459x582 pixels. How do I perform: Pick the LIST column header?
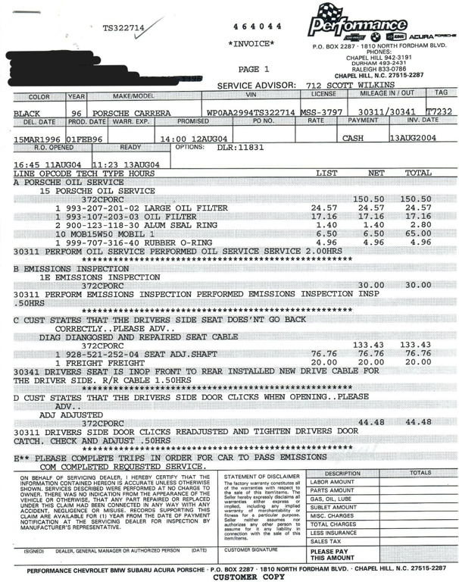click(332, 174)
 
